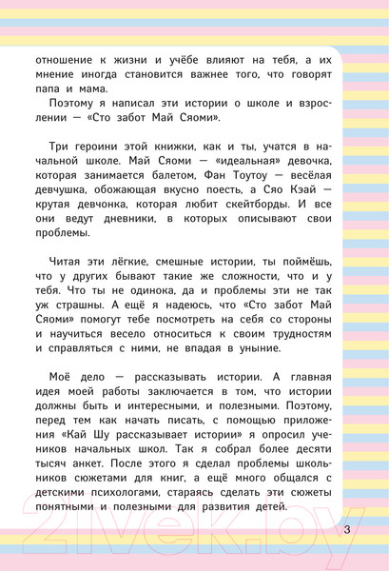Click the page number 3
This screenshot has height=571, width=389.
tap(347, 529)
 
